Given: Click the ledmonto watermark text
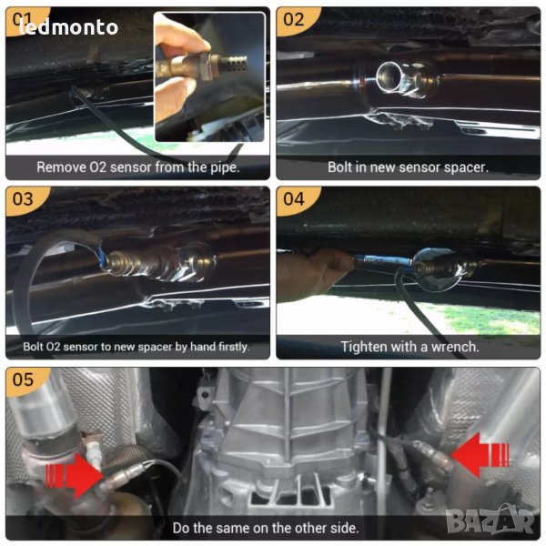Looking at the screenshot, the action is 68,26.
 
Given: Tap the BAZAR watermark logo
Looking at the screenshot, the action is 490,521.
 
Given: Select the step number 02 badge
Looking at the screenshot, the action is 294,19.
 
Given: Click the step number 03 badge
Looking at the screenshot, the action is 23,199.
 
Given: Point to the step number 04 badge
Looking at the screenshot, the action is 294,199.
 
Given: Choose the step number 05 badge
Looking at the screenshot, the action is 23,379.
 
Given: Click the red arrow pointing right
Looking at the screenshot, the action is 73,475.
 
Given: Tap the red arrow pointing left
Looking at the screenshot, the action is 480,454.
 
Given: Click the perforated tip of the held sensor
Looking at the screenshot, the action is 234,63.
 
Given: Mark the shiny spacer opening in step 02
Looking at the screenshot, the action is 389,75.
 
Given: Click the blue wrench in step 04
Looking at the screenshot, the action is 383,259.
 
